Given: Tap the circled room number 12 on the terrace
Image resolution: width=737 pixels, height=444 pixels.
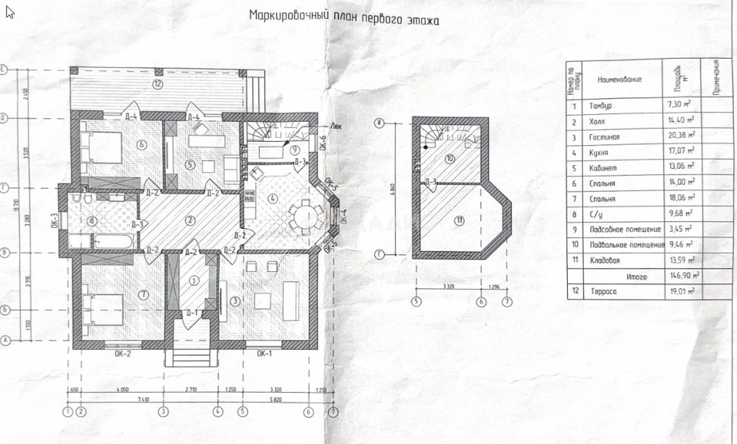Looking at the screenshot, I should (158, 84).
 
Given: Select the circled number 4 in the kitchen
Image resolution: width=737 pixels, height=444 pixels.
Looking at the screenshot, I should (272, 198).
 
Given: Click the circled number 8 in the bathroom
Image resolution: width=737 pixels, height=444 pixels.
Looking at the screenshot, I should (92, 221).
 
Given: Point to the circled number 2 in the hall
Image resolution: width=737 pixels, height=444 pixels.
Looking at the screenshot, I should (189, 221).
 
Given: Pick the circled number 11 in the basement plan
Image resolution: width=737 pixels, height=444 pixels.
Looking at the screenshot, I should (460, 221).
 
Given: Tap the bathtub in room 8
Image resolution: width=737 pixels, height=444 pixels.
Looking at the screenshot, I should (115, 241).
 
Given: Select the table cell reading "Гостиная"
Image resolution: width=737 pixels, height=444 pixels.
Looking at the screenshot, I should (605, 137).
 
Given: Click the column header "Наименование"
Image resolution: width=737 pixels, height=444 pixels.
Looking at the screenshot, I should (619, 79).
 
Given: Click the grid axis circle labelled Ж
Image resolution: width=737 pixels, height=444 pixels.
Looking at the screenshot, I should (380, 122).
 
